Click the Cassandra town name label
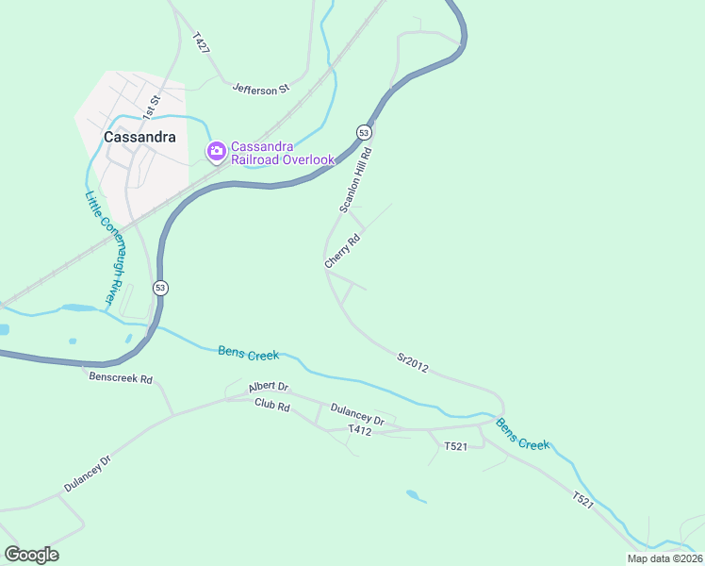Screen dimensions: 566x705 (x=139, y=137)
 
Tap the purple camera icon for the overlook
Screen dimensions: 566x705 (x=217, y=151)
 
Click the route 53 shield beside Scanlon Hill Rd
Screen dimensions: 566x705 (x=363, y=131)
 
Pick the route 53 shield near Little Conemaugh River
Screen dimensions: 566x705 (x=161, y=288)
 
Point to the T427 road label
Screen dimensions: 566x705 (x=200, y=43)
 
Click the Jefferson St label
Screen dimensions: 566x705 (x=260, y=90)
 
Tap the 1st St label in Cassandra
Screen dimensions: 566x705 (x=152, y=105)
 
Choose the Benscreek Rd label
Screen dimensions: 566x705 (x=120, y=378)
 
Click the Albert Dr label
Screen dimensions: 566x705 (x=269, y=388)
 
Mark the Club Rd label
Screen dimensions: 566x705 (x=272, y=403)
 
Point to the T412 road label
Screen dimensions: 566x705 (x=360, y=430)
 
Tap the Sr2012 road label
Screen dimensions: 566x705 (x=413, y=362)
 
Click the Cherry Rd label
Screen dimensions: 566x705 (x=342, y=252)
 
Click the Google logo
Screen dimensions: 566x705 (x=31, y=555)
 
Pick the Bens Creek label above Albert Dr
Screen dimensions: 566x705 (x=249, y=354)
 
